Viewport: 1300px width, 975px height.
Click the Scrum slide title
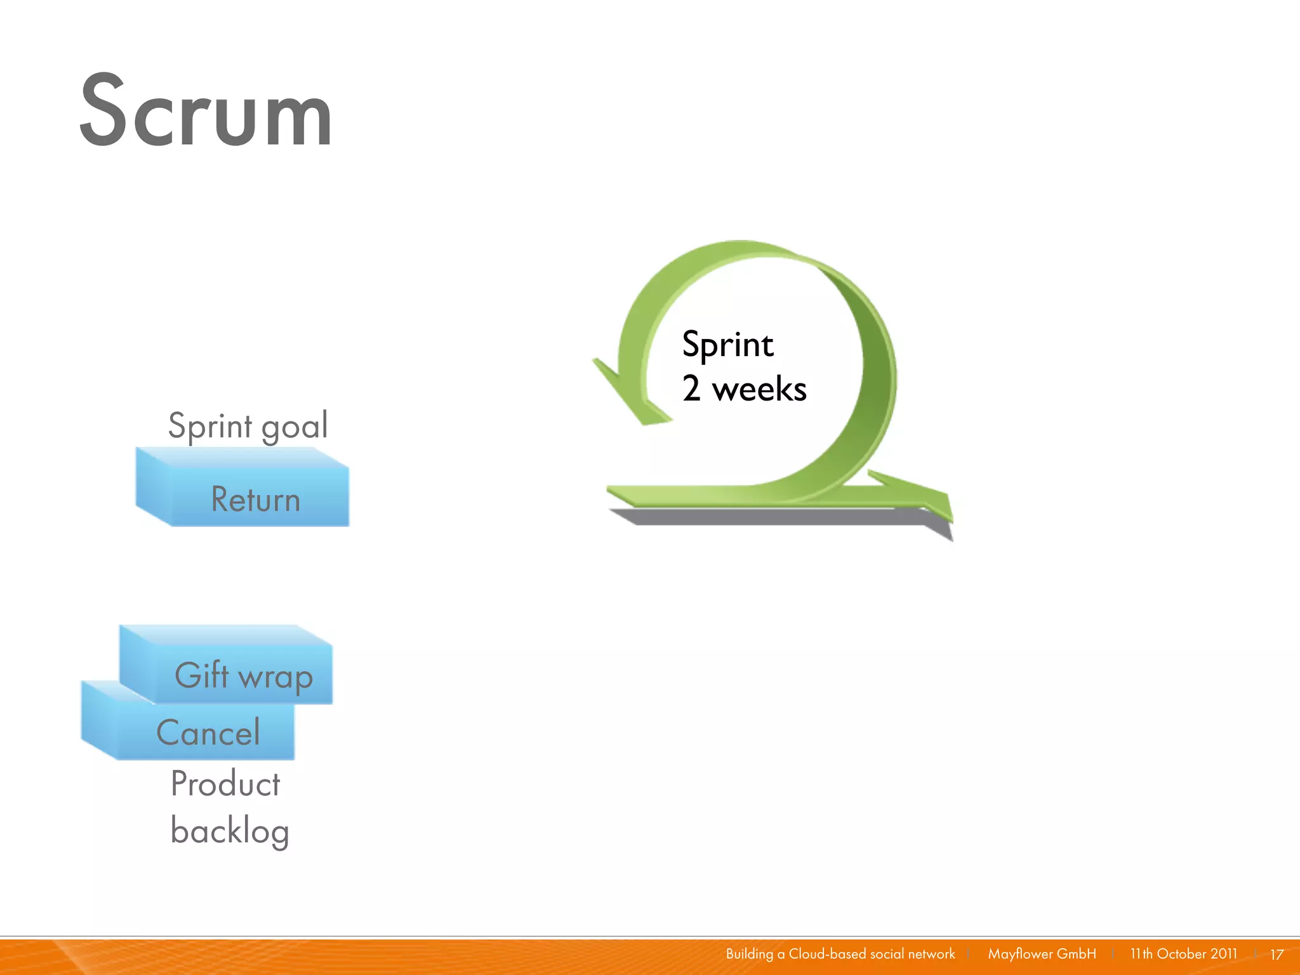point(206,111)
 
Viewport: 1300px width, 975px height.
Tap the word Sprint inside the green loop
point(727,345)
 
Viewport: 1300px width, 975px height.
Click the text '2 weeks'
point(744,388)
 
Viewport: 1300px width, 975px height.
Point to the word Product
point(225,783)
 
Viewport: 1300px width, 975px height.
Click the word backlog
point(230,830)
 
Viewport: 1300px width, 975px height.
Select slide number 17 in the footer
point(1277,954)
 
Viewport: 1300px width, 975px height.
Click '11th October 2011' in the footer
point(1183,953)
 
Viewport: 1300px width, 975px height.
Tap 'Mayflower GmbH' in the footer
point(1042,953)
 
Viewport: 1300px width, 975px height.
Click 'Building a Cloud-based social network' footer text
point(840,953)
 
